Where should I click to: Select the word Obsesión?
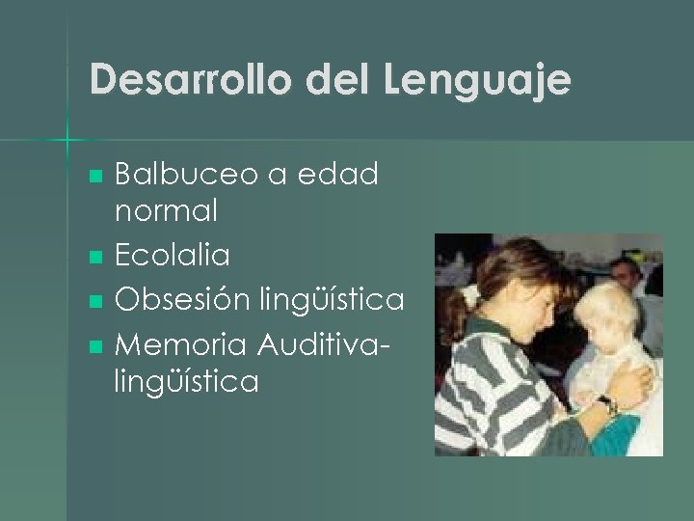point(184,299)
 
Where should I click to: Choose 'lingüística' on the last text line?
point(186,383)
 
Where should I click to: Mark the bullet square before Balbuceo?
point(94,177)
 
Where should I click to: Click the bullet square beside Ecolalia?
point(94,258)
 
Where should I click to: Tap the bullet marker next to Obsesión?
point(94,302)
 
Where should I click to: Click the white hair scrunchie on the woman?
point(471,292)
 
